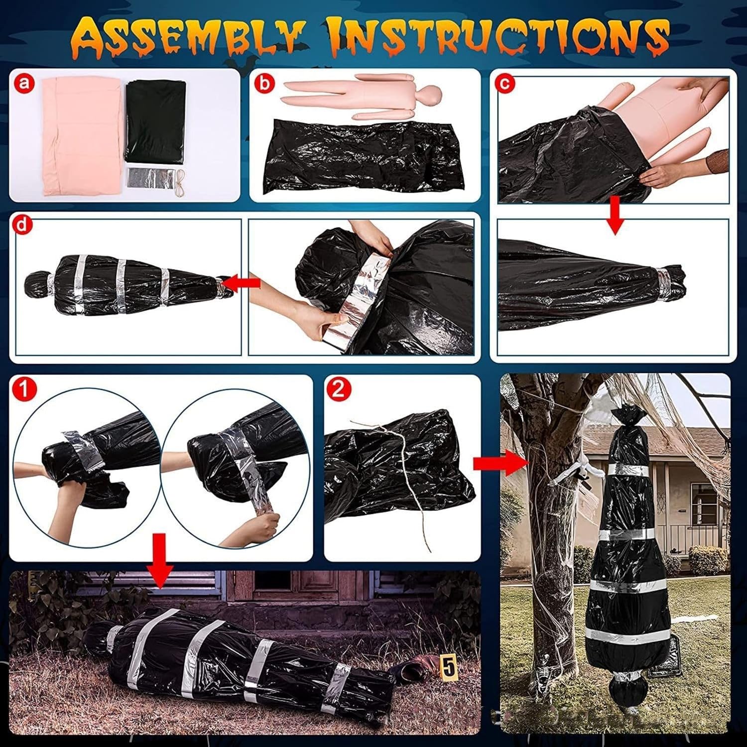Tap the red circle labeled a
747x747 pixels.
pos(24,84)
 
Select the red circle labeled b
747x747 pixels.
pos(264,83)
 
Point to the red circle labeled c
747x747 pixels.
pos(504,83)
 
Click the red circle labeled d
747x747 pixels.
pos(22,225)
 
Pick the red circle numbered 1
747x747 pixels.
pos(24,388)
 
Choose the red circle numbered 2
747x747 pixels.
pos(338,388)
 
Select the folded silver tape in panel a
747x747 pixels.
pos(150,177)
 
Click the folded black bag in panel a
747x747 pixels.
pos(155,121)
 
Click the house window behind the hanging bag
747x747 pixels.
pos(703,503)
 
